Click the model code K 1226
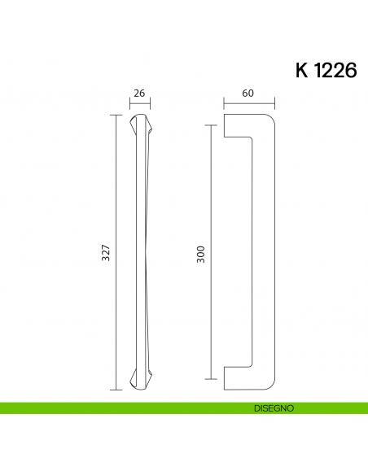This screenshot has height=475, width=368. [325, 71]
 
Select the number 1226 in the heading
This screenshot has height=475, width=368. [335, 71]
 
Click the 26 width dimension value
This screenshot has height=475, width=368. [139, 94]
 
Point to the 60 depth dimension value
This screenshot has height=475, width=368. [248, 94]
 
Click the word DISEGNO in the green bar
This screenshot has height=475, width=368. [273, 407]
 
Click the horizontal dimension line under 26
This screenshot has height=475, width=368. [139, 103]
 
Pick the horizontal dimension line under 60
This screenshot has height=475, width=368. [249, 103]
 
